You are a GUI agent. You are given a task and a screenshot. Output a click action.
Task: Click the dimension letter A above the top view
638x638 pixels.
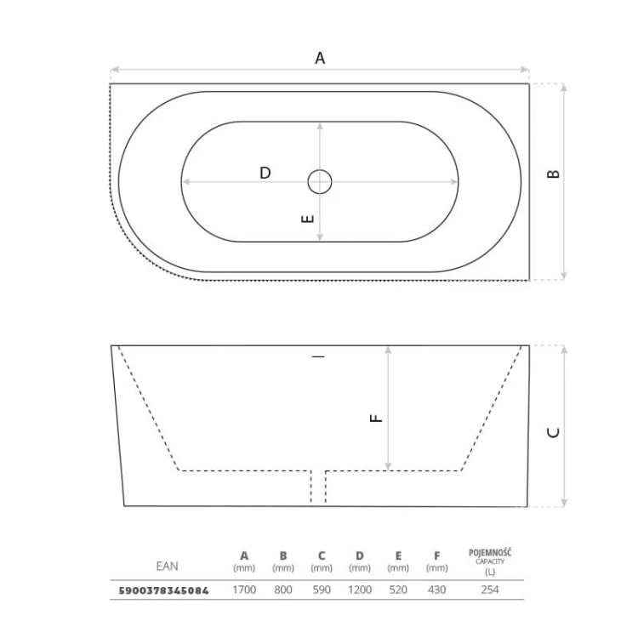tap(320, 58)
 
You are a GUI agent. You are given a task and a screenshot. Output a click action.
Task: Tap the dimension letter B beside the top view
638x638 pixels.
tap(554, 174)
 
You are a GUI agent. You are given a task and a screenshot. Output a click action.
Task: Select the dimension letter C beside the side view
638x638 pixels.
tap(554, 432)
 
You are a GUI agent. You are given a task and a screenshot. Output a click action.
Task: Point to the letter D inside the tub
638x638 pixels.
tap(265, 173)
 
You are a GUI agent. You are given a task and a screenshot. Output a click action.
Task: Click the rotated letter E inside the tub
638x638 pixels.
tap(308, 219)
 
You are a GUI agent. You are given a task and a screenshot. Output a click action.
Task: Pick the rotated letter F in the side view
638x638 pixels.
tap(376, 418)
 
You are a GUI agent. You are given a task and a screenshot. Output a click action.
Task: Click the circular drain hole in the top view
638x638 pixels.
tap(320, 181)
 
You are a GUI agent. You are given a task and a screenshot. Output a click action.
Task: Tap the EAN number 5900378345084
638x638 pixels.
tap(163, 590)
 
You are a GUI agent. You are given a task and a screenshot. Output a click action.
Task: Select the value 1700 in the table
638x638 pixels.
tap(244, 590)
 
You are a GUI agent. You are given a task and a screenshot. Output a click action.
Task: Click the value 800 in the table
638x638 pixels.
tap(282, 590)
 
